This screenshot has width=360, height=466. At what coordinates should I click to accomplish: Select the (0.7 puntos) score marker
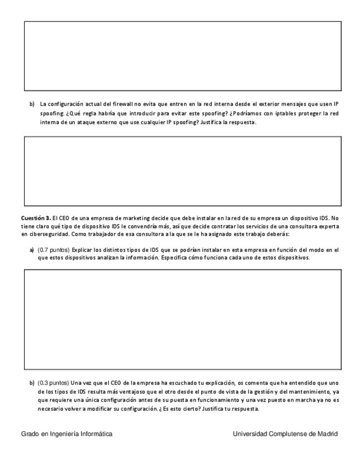53,249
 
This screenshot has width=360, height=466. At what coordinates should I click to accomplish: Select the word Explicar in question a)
82,249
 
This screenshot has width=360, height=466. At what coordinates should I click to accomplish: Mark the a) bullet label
32,249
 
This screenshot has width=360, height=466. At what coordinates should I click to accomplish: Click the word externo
103,121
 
